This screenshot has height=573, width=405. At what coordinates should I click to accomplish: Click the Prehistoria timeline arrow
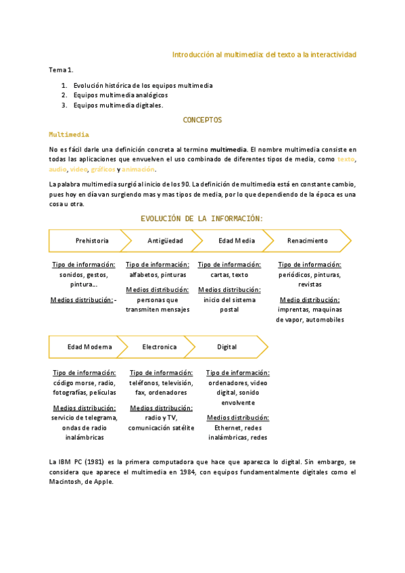coord(91,241)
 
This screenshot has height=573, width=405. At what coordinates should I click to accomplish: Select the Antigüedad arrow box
coord(164,241)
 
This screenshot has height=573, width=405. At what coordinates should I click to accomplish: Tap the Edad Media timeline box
coord(236,241)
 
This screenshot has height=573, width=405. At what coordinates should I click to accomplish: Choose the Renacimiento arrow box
coord(307,241)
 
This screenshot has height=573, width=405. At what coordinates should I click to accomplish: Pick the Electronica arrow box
coord(159,347)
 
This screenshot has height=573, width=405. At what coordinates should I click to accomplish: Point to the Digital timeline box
coord(227,347)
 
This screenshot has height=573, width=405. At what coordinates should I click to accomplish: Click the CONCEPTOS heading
coord(202,120)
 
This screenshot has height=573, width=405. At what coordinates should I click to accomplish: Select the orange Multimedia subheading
coord(69,134)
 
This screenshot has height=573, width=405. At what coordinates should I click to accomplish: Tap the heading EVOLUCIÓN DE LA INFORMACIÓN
coord(201,218)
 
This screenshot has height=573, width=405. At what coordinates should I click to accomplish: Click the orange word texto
coord(346,159)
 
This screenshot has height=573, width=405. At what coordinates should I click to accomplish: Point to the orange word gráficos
coord(103,169)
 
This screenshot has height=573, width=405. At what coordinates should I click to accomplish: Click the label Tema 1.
coord(61,70)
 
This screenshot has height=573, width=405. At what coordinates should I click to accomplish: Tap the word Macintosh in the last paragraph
coord(66,482)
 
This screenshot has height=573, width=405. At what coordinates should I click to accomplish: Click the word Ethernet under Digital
coord(227,428)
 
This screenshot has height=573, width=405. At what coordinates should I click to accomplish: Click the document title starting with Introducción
coord(264,54)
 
